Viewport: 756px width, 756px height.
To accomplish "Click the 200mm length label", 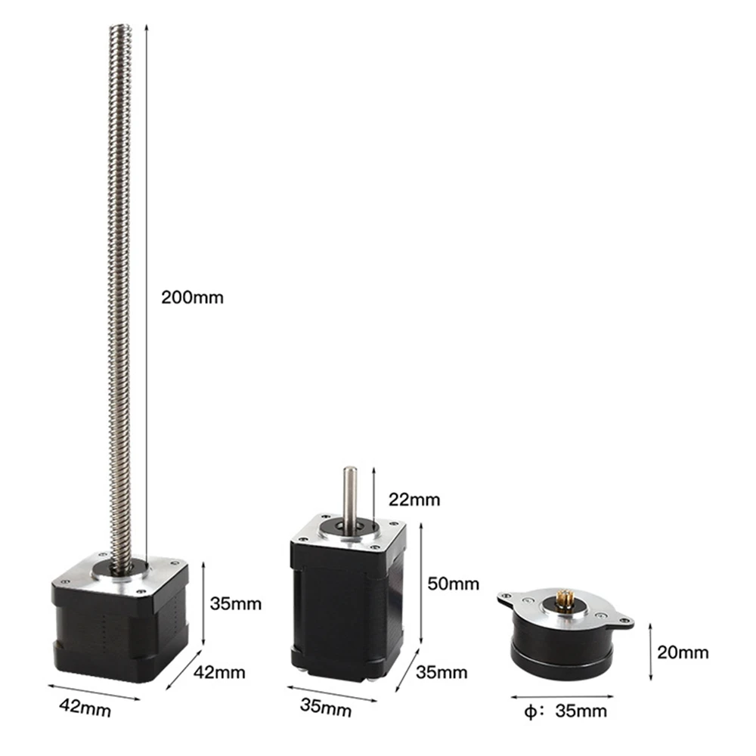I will (192, 297).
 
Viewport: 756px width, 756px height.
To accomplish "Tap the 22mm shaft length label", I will (414, 499).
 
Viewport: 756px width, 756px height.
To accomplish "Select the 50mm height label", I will (454, 584).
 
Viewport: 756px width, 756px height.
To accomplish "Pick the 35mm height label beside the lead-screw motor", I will (235, 603).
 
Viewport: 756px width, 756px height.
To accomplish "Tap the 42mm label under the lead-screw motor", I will (85, 709).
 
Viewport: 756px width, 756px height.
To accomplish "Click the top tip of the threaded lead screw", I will (120, 30).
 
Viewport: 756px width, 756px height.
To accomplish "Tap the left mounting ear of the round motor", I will (508, 599).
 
